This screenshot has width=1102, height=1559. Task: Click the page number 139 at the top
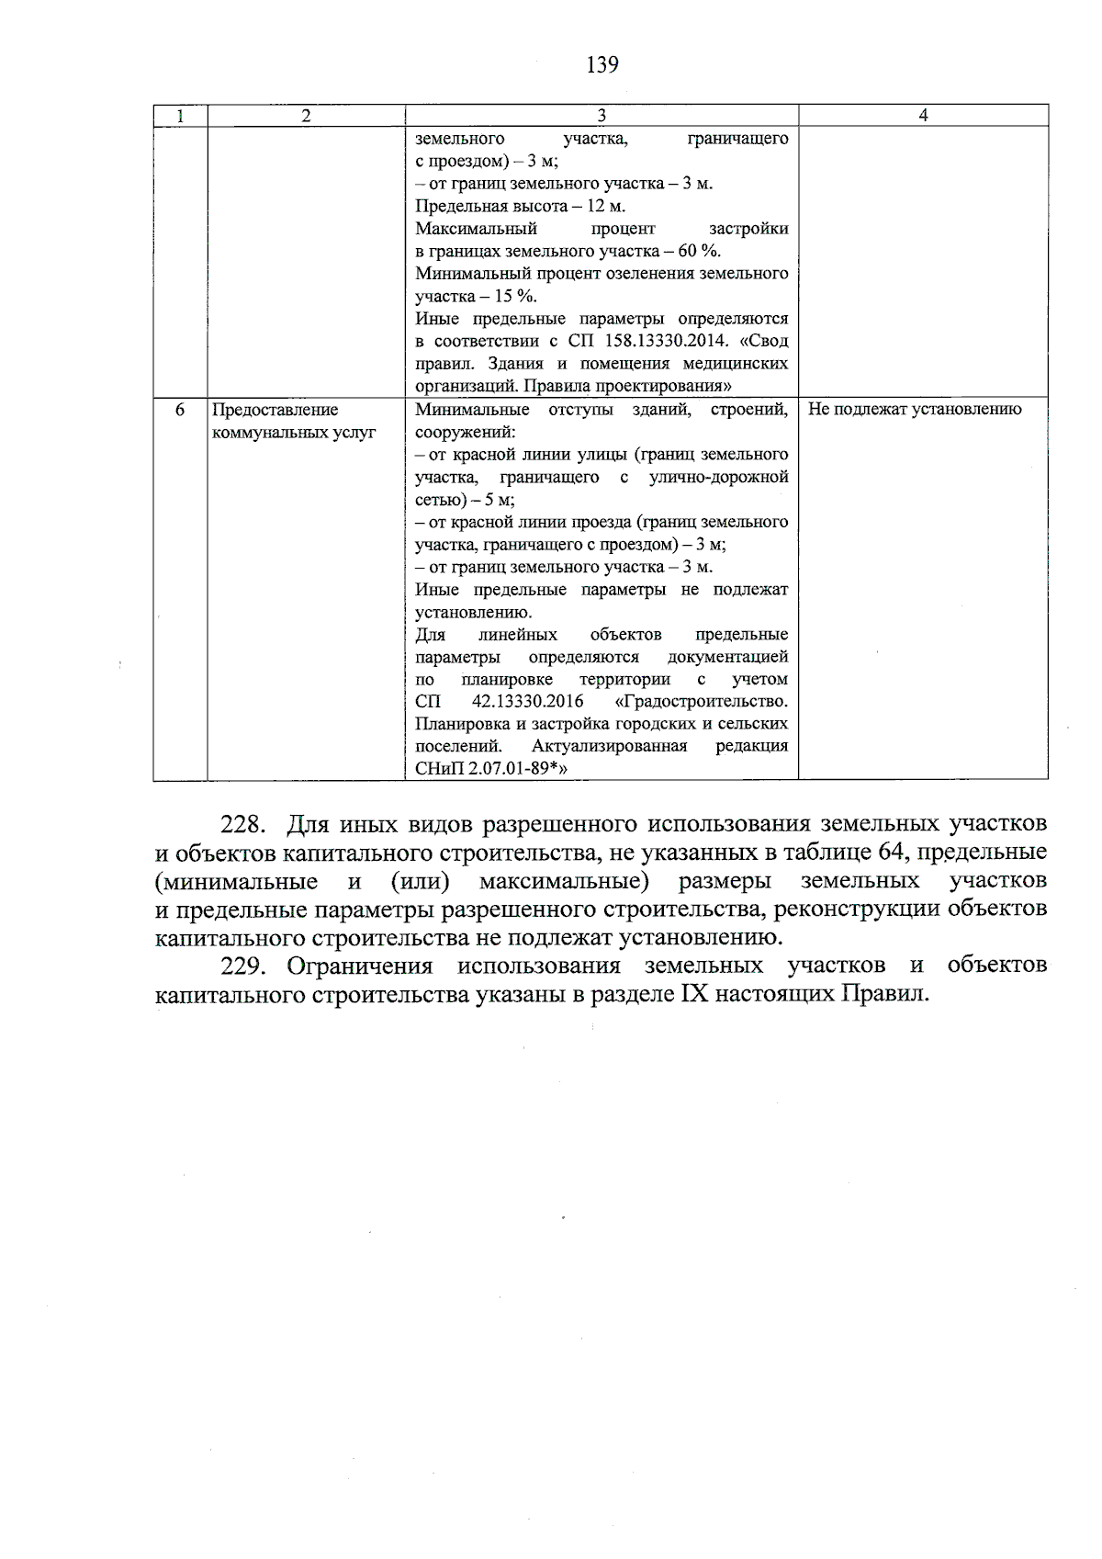(x=602, y=64)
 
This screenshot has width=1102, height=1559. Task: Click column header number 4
(x=923, y=115)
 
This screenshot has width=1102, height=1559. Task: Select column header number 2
(x=306, y=116)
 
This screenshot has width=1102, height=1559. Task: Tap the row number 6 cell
(x=180, y=410)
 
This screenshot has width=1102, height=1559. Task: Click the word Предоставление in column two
(x=275, y=410)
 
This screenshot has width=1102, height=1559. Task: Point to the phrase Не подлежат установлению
(x=915, y=410)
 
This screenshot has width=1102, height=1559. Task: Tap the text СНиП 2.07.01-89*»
(x=487, y=769)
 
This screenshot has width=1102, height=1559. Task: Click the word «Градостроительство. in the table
(x=700, y=702)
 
